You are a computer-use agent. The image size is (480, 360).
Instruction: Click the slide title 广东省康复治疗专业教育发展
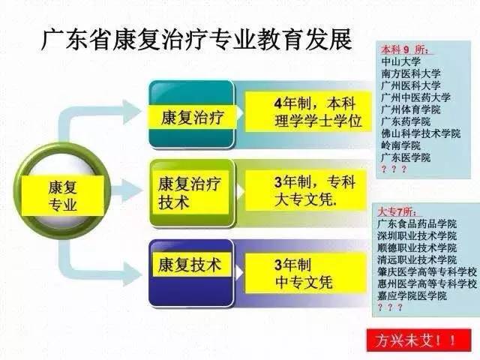[196, 39]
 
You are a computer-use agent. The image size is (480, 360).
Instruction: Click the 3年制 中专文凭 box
[303, 273]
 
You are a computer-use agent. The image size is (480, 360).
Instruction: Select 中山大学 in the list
[400, 62]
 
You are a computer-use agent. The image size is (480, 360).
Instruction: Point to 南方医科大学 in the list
[411, 74]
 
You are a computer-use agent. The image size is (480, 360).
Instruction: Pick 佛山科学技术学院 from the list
[420, 133]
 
